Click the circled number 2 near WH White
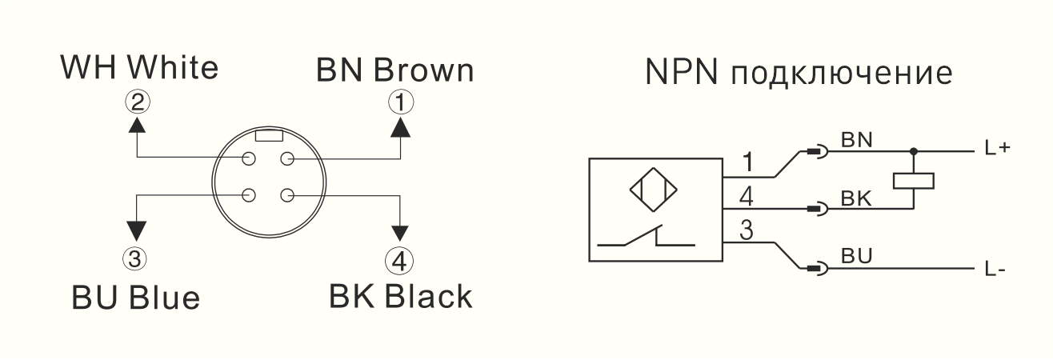(x=138, y=102)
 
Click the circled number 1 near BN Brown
(x=401, y=102)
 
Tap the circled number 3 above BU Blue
(x=135, y=259)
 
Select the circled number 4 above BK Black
(x=399, y=261)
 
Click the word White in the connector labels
(x=174, y=67)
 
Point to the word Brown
(x=423, y=70)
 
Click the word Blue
(x=165, y=298)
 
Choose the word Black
(x=428, y=296)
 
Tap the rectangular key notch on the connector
(x=268, y=136)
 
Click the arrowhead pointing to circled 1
(x=401, y=127)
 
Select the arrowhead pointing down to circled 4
(x=400, y=233)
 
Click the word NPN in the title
(x=682, y=72)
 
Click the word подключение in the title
(x=842, y=74)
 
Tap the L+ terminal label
(x=998, y=149)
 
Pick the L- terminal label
(x=995, y=270)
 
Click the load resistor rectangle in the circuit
(x=914, y=181)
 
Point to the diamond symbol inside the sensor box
(x=654, y=190)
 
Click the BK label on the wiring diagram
(x=856, y=198)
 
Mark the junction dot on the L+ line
(x=914, y=151)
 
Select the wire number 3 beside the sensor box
(x=746, y=230)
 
